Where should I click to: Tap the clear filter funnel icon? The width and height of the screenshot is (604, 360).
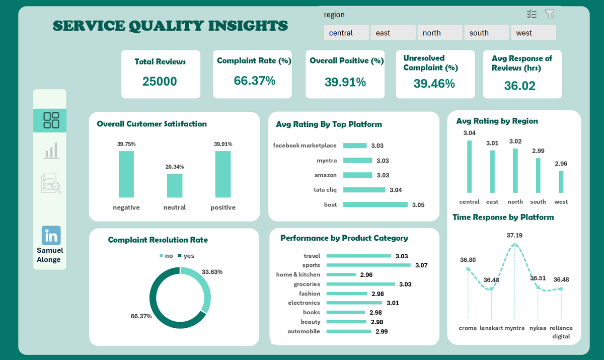pyautogui.click(x=550, y=15)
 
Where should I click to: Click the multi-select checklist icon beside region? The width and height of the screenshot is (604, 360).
pyautogui.click(x=532, y=15)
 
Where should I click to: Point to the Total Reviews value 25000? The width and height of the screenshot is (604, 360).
pyautogui.click(x=160, y=81)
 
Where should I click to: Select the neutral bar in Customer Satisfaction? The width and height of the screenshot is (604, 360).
pyautogui.click(x=175, y=186)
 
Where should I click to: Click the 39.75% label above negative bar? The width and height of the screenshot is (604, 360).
pyautogui.click(x=126, y=144)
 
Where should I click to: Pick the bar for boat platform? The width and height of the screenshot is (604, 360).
pyautogui.click(x=375, y=204)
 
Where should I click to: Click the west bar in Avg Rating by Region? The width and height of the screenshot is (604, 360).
pyautogui.click(x=561, y=181)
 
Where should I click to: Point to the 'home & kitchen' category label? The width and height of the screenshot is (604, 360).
pyautogui.click(x=297, y=274)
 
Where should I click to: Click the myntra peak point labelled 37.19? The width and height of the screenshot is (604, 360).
pyautogui.click(x=514, y=245)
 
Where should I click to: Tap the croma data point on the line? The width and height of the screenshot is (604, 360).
pyautogui.click(x=468, y=269)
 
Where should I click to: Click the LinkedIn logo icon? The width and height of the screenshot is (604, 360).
pyautogui.click(x=51, y=235)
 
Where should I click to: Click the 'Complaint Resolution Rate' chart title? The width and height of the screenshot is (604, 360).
pyautogui.click(x=158, y=240)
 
